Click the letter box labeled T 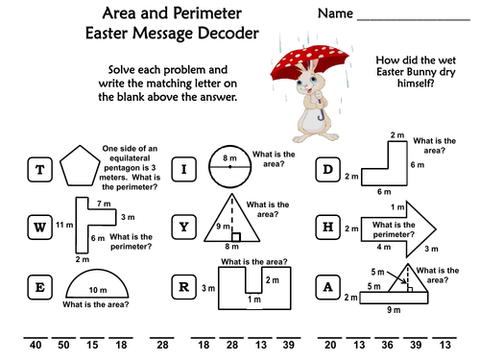pyautogui.click(x=39, y=170)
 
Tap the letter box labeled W pyautogui.click(x=39, y=228)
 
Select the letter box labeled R pyautogui.click(x=184, y=287)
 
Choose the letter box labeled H pyautogui.click(x=328, y=228)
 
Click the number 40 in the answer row pyautogui.click(x=36, y=345)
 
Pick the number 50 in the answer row pyautogui.click(x=63, y=345)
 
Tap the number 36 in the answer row pyautogui.click(x=387, y=345)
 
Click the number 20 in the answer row pyautogui.click(x=330, y=345)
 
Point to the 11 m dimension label pyautogui.click(x=64, y=225)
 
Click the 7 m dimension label pyautogui.click(x=104, y=204)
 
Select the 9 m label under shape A pyautogui.click(x=394, y=310)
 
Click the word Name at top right pyautogui.click(x=335, y=13)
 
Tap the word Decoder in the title pyautogui.click(x=228, y=33)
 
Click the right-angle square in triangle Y pyautogui.click(x=236, y=237)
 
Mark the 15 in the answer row pyautogui.click(x=92, y=345)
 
